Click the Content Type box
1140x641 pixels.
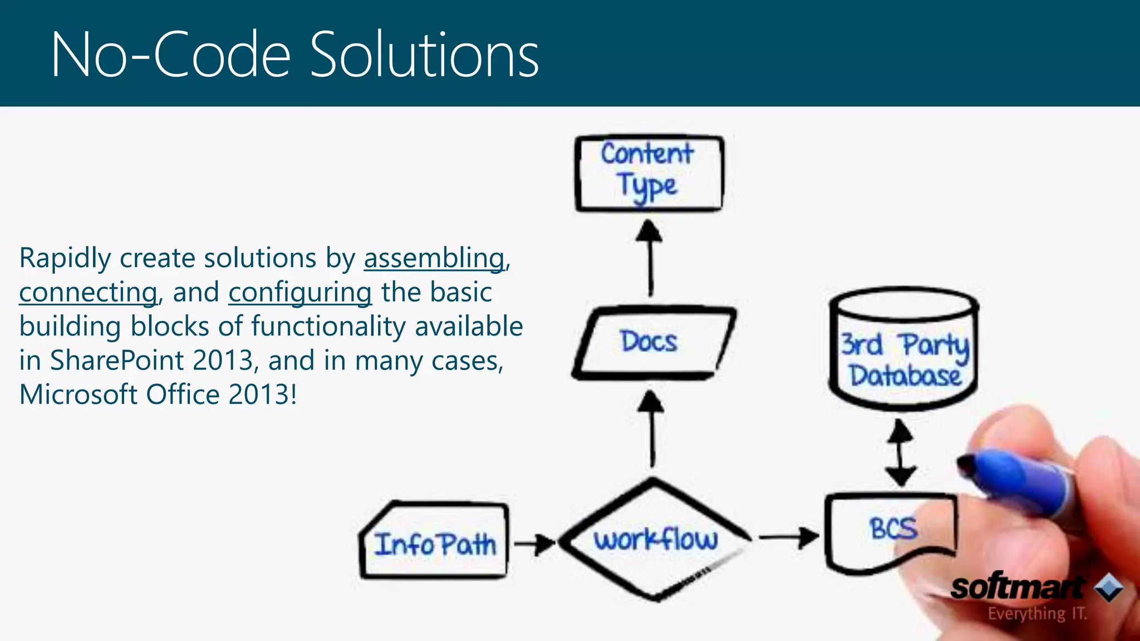(649, 173)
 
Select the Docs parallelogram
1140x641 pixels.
(651, 342)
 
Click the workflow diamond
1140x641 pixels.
(655, 540)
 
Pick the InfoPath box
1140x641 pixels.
(434, 543)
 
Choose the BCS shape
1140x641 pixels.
(891, 531)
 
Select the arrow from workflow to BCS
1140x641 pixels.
(788, 538)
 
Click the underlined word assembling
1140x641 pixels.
(434, 258)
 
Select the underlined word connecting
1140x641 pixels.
(88, 293)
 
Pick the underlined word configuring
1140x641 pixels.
(299, 293)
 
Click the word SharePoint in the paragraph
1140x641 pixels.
(116, 361)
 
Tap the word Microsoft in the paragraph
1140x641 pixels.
(78, 395)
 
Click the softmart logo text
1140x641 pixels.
(1016, 588)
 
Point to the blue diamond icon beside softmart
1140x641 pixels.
(1109, 588)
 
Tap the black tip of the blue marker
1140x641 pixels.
(967, 464)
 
